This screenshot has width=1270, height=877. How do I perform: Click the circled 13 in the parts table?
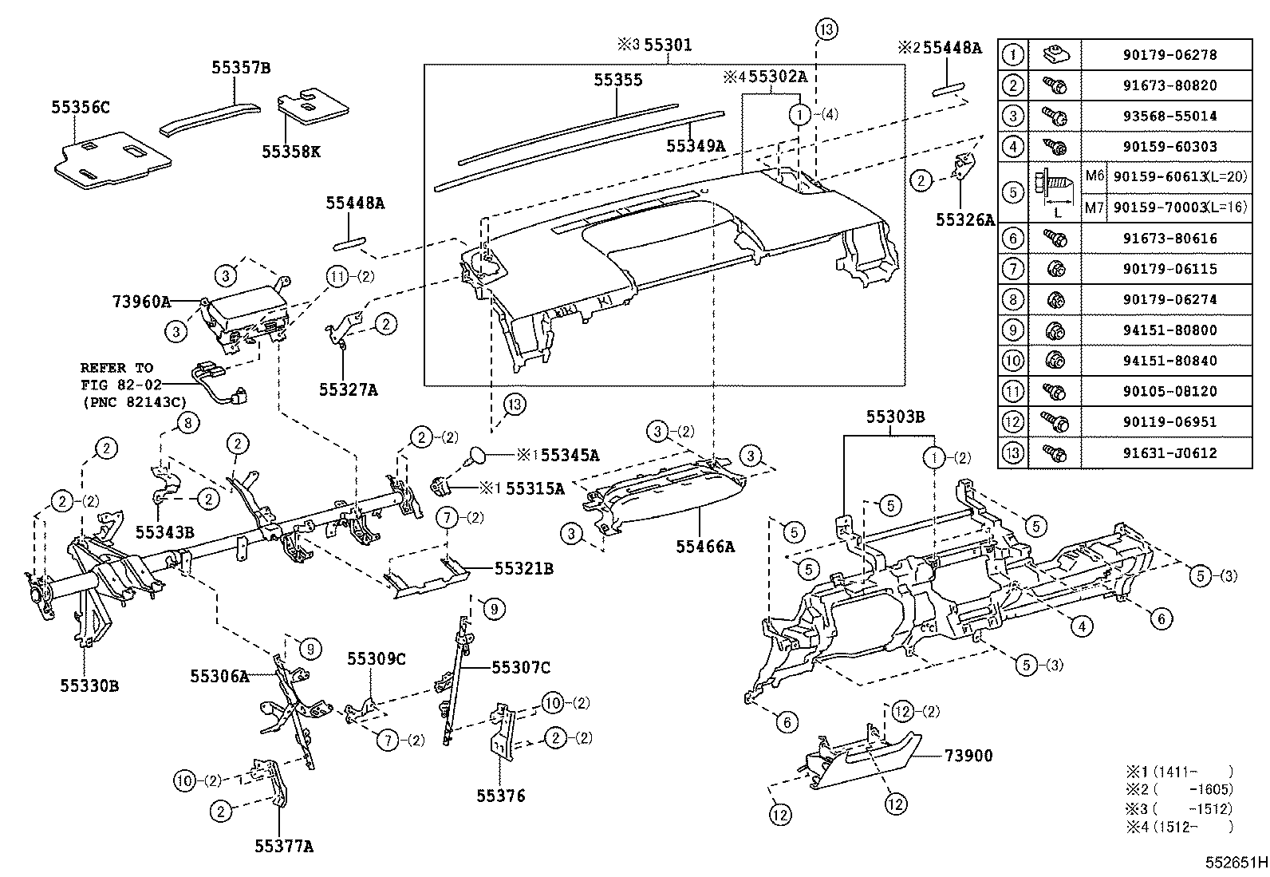(1012, 452)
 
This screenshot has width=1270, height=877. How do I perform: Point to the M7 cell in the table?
(1092, 207)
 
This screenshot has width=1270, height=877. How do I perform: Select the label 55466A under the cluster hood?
(704, 547)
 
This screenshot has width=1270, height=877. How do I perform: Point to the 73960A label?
(141, 302)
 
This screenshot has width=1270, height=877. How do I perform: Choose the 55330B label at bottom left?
(89, 685)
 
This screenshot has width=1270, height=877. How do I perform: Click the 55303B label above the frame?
(895, 417)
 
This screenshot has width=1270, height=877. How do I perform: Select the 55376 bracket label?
(501, 796)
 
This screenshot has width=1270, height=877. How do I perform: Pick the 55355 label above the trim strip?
(617, 81)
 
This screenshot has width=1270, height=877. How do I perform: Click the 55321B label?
(524, 568)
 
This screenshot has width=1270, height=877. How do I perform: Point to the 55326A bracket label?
(965, 220)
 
